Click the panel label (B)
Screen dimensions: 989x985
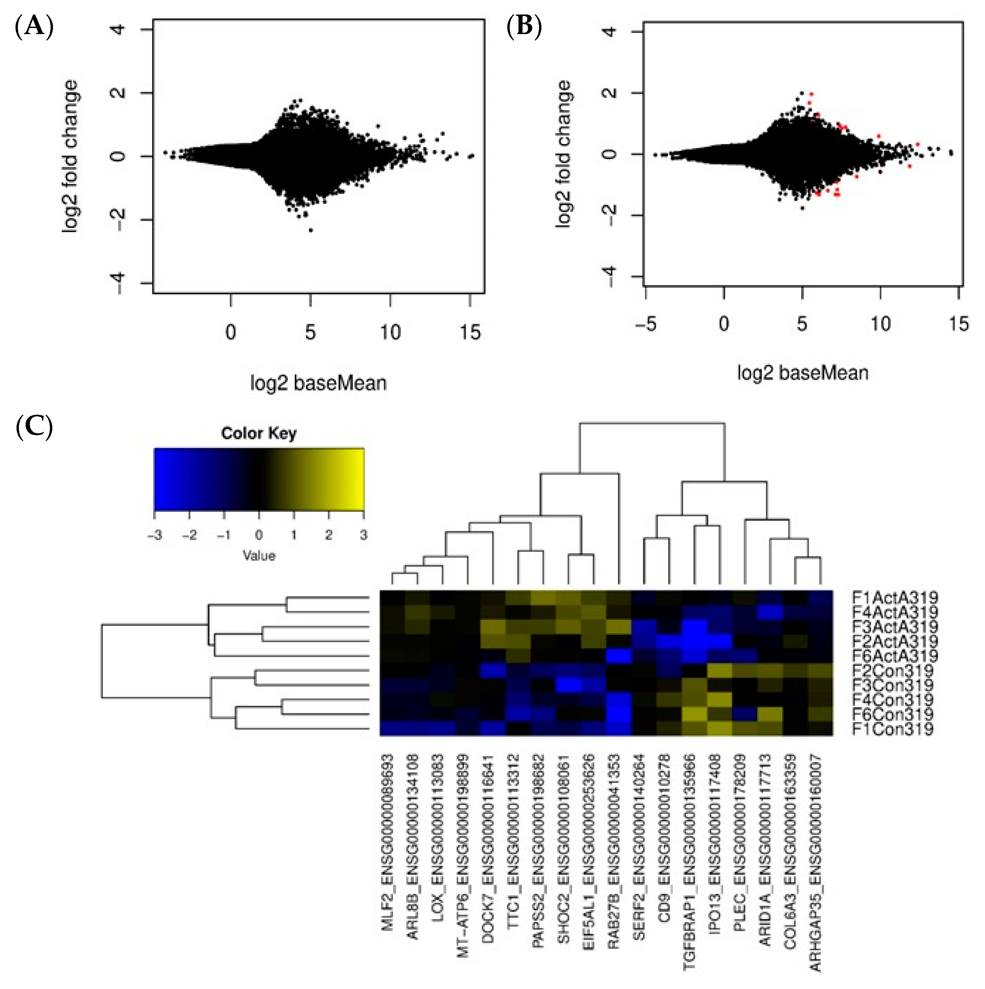click(524, 26)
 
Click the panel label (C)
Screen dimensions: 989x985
click(34, 427)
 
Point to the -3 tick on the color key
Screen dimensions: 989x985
click(154, 535)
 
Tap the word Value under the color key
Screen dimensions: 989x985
click(259, 555)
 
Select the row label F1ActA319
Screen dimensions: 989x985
click(895, 597)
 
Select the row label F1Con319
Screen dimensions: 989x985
click(892, 729)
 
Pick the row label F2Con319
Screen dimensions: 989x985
click(892, 670)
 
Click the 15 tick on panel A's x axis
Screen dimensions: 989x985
click(470, 333)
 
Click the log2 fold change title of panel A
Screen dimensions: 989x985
click(71, 156)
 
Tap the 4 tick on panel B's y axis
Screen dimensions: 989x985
click(611, 31)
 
